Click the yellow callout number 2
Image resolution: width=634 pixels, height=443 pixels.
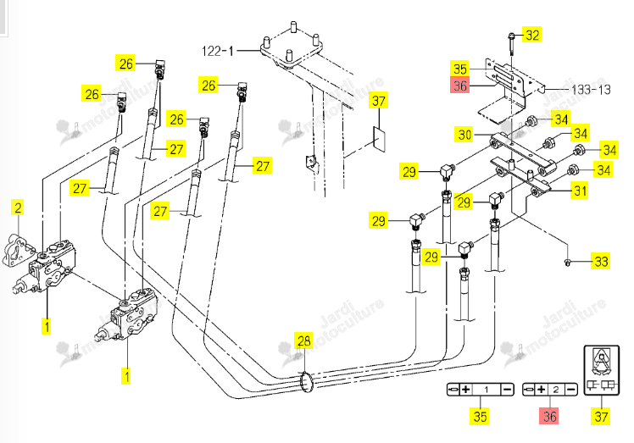pos(18,208)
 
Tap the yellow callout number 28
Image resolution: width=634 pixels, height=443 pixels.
pos(304,341)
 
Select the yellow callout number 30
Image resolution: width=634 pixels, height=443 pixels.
pos(465,134)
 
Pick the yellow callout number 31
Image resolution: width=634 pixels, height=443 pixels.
pos(581,191)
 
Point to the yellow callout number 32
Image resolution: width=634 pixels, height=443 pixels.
pos(532,36)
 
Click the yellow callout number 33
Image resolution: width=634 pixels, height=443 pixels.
pos(601,261)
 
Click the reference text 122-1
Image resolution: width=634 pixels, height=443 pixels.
pos(218,51)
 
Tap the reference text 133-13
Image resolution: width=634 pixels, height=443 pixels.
pos(591,89)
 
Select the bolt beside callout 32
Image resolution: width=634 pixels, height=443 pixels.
pos(511,44)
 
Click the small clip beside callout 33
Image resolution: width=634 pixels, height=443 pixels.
pos(568,263)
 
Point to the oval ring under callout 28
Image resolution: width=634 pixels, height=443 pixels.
pos(307,382)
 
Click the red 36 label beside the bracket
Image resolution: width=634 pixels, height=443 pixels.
pos(460,86)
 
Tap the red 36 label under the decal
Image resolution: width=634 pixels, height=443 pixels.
pos(549,417)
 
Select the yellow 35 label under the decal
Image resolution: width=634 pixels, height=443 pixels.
pos(480,417)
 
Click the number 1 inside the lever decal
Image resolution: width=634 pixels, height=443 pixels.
pos(487,390)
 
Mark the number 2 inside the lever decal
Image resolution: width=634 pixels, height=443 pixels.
pos(556,390)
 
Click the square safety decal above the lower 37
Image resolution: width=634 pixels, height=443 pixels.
pos(602,370)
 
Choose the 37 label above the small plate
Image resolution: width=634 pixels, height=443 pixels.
pos(379,100)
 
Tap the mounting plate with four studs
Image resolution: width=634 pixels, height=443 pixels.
pos(291,49)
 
